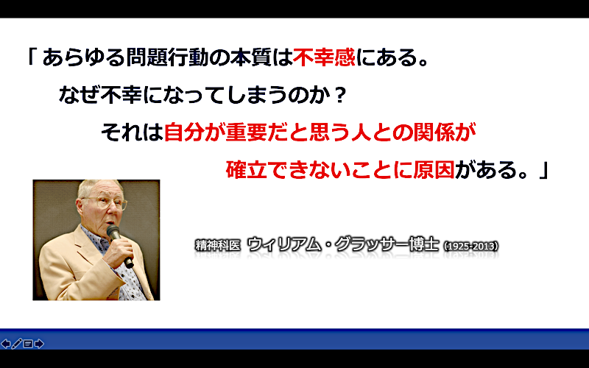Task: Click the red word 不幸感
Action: click(x=324, y=57)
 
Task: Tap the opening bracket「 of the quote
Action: click(x=32, y=57)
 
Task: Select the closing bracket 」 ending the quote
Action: click(x=543, y=170)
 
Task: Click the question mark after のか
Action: click(x=339, y=95)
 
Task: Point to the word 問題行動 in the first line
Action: click(x=167, y=57)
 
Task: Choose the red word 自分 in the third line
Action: click(x=184, y=132)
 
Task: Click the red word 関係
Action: click(x=434, y=132)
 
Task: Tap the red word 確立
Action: click(x=247, y=170)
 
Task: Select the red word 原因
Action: click(x=434, y=170)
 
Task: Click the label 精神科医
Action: click(x=217, y=246)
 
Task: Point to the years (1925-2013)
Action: click(x=471, y=247)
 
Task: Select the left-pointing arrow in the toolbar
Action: click(x=6, y=344)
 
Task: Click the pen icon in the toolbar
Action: click(x=17, y=344)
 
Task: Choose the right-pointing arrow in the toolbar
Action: click(x=39, y=344)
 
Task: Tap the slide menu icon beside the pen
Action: click(x=28, y=344)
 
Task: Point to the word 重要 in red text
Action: click(x=247, y=132)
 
